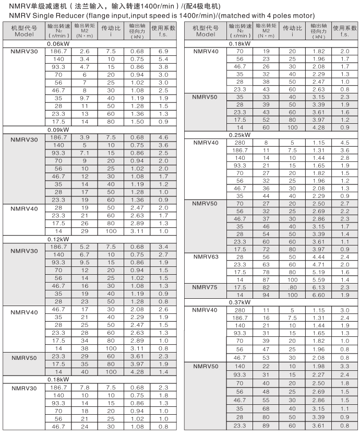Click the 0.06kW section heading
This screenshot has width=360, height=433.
click(58, 44)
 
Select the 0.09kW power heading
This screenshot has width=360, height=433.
click(58, 129)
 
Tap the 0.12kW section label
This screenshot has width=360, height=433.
click(58, 239)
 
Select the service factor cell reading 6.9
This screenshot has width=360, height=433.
click(163, 52)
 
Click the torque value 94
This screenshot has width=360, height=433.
click(267, 295)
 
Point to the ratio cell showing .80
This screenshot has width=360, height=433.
click(292, 288)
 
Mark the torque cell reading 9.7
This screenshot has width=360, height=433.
click(85, 98)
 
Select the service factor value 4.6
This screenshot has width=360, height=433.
click(163, 137)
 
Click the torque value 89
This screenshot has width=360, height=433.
click(267, 426)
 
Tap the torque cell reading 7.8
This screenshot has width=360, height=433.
click(85, 387)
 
